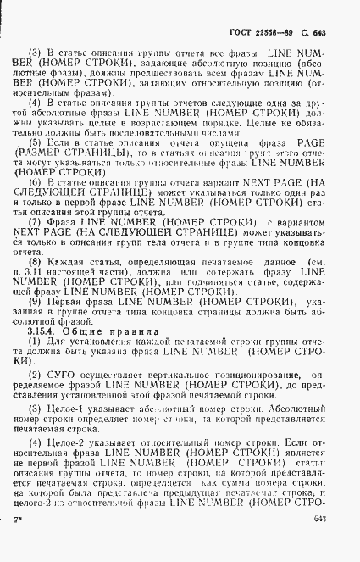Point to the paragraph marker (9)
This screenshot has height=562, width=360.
pyautogui.click(x=35, y=325)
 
